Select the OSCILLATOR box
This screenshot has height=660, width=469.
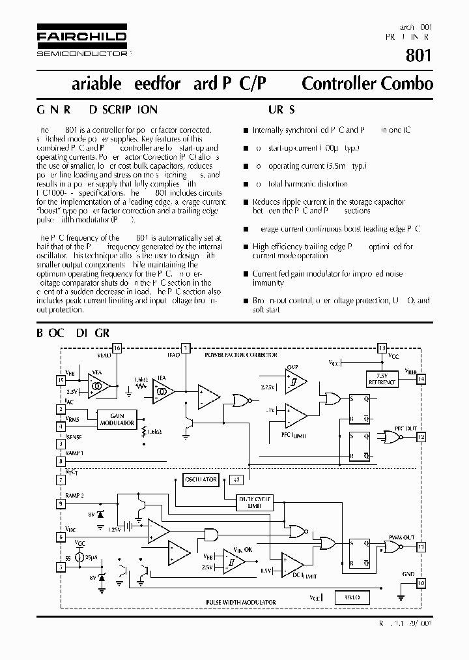(201, 479)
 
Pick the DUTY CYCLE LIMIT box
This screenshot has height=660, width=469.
(254, 502)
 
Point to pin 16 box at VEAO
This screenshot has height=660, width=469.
(117, 348)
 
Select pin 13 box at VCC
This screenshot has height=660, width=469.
(382, 348)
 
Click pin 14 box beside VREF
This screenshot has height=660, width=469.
(422, 379)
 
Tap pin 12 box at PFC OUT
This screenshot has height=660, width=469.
(421, 437)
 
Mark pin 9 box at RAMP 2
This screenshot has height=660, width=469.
(61, 503)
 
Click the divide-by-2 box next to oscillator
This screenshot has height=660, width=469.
(236, 479)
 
